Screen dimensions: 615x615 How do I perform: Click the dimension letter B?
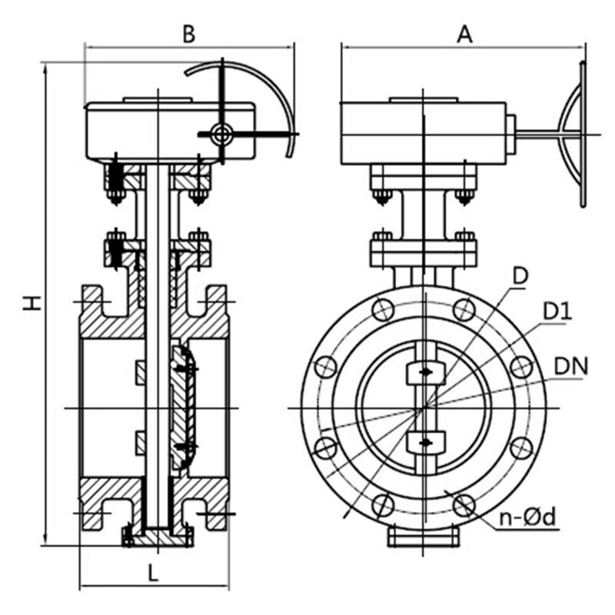tap(188, 34)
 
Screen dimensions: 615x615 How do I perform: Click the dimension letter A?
tap(465, 34)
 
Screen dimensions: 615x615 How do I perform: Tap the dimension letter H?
tap(32, 303)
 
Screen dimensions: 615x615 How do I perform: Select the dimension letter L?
tap(153, 572)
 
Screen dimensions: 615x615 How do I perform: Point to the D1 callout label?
tap(557, 312)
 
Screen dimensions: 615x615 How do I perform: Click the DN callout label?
tap(571, 367)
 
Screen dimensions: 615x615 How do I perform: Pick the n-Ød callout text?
tap(527, 517)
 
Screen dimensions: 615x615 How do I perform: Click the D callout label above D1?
tap(521, 276)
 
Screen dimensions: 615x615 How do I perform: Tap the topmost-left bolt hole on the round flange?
tap(383, 310)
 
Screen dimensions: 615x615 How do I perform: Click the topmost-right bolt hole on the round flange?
tap(464, 310)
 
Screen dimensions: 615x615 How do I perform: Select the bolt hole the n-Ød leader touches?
tap(464, 505)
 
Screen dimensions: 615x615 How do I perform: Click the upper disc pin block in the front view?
tap(426, 373)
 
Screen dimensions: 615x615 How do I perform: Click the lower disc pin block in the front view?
tap(426, 442)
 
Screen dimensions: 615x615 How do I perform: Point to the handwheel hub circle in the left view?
tap(221, 134)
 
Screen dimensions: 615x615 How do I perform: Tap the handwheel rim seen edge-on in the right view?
tap(583, 134)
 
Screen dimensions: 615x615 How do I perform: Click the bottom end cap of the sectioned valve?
tap(158, 537)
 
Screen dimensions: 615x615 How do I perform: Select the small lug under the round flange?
tap(424, 536)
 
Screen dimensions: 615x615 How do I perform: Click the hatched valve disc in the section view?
tap(183, 408)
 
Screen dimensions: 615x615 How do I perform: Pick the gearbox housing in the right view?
tap(424, 133)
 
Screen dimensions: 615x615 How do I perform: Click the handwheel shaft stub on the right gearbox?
tap(510, 135)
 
